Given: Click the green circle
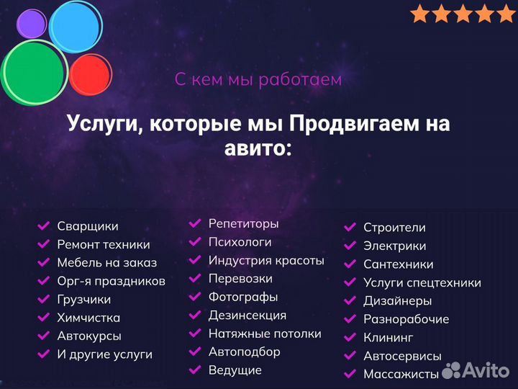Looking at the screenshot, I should (34, 71).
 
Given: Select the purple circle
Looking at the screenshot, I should (31, 24).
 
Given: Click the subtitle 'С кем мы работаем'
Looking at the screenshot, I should (258, 79).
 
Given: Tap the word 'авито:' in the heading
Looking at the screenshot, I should (258, 148).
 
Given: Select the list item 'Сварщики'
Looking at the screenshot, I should (88, 226).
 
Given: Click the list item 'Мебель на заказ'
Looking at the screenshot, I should (106, 263).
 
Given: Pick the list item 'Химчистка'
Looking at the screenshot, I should (88, 318).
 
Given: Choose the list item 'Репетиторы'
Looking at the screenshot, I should (243, 224).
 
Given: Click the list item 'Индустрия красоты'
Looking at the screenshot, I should (266, 261).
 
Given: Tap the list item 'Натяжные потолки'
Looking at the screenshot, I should (265, 334).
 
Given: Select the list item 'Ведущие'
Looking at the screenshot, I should (235, 370).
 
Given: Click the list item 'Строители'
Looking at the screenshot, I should (394, 228).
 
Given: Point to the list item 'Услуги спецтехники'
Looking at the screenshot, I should (422, 283).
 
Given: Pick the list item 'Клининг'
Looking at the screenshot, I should (388, 337).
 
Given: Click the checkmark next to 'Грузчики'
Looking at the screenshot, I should (44, 300).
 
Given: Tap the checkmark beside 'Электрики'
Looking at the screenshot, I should (350, 246).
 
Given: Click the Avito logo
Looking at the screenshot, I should (476, 370).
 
